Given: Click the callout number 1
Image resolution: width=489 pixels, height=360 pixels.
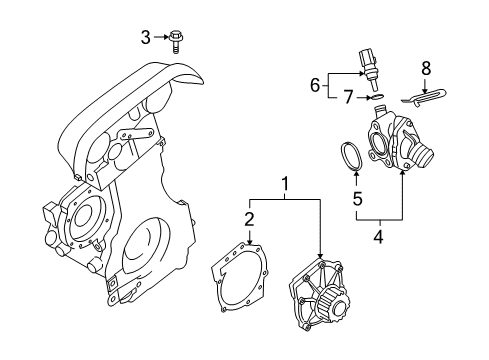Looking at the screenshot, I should point(285,186).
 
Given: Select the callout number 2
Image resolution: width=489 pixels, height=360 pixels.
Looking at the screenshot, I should point(249,218).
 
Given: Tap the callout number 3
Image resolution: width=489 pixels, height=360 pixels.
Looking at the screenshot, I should point(146,38).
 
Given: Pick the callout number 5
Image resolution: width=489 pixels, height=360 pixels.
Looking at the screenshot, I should point(357,197).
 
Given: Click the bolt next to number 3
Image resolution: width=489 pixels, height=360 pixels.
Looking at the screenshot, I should point(176,40).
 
